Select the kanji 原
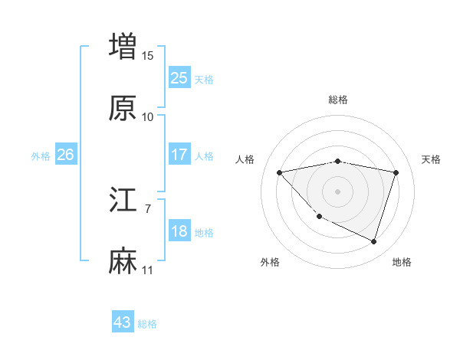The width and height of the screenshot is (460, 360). [123, 109]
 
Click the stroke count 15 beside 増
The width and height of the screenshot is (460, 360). [148, 55]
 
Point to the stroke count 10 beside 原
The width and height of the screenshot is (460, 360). [148, 117]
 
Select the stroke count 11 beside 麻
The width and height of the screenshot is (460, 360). [148, 270]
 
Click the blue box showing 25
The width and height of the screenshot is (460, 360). [179, 78]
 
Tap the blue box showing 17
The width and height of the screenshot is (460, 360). [179, 155]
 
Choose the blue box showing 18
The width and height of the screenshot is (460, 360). [179, 231]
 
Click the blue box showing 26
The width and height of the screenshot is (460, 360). [65, 155]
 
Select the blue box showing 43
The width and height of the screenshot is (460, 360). [123, 322]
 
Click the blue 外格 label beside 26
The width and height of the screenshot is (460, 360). [41, 155]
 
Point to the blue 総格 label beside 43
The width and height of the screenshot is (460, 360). [147, 324]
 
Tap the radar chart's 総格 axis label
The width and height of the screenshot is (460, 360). [338, 100]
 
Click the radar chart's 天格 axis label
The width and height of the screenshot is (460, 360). [431, 159]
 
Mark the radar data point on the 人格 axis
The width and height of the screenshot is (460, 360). [280, 172]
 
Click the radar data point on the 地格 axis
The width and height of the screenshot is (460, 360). [373, 242]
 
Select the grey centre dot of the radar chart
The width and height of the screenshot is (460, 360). [338, 191]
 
